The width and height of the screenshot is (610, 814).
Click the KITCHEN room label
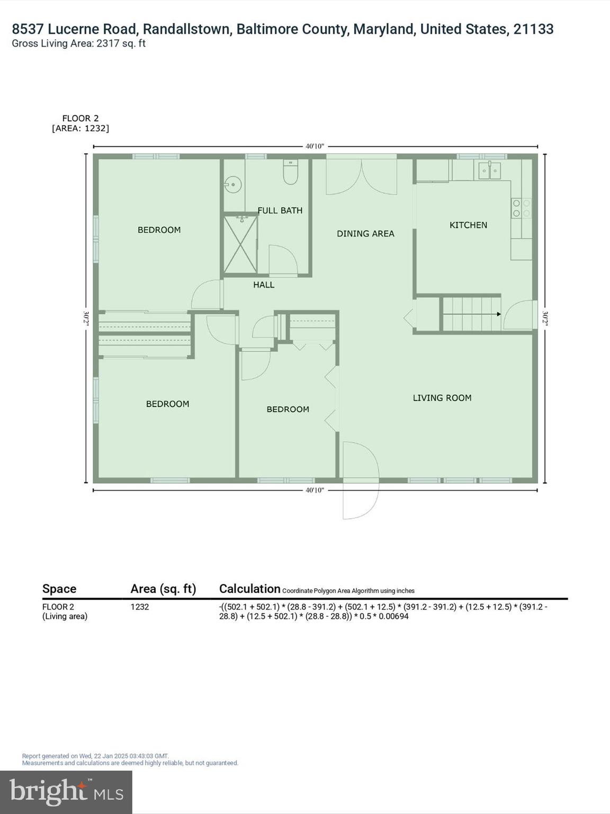coord(468,225)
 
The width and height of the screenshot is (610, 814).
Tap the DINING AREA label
coord(365,234)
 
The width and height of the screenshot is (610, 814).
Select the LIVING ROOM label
coord(442,398)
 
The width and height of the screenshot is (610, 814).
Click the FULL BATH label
coord(280,210)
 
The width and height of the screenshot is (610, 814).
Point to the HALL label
coord(263,285)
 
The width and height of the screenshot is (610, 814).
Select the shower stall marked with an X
coord(240,244)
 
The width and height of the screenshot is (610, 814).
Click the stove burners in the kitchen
coord(521,208)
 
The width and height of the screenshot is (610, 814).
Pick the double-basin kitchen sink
coord(490,171)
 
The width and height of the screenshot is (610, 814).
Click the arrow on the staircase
coord(498,314)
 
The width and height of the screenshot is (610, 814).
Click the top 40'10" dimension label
coord(315,146)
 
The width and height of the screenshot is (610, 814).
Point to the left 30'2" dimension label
coord(86,318)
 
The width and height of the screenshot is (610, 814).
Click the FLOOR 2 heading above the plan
coord(80,119)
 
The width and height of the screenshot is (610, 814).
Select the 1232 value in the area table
coord(140,607)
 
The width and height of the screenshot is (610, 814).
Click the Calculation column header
coord(249,589)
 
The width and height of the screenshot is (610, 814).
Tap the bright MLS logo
coord(66,792)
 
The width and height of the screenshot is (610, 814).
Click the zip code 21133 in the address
coord(533,29)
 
